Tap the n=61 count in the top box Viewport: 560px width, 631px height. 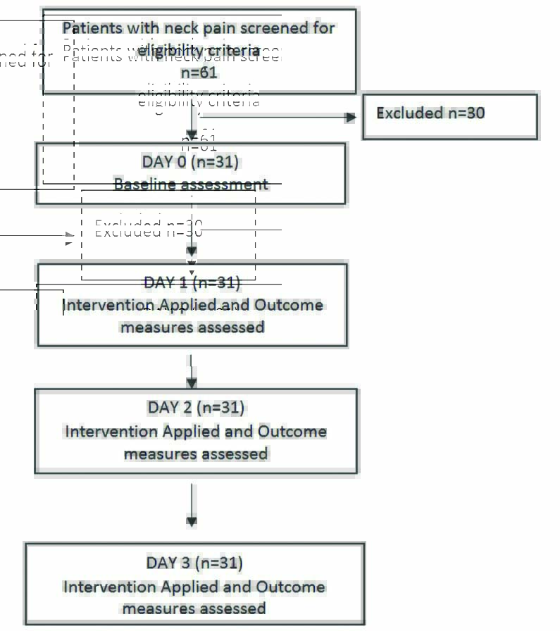199,73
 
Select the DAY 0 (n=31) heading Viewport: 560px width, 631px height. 190,162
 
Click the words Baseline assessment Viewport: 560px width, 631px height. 191,185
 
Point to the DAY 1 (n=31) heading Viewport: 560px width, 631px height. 192,283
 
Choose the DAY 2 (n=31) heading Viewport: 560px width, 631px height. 196,408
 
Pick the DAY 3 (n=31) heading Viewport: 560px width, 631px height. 194,563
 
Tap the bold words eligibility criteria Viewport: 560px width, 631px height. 199,51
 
